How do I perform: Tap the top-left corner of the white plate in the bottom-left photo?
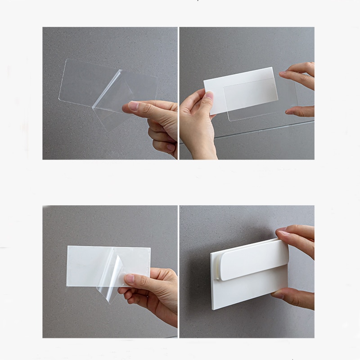[x=68, y=247]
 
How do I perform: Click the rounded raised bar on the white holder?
[x=254, y=260]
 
